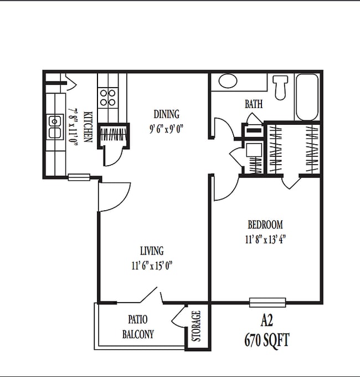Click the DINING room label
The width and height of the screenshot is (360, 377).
click(x=167, y=115)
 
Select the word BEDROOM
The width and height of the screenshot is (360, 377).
click(x=265, y=225)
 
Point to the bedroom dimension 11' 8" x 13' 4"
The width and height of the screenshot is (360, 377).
click(x=265, y=240)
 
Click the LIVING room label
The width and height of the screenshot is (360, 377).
click(x=151, y=251)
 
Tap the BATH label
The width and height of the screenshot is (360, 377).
click(x=254, y=104)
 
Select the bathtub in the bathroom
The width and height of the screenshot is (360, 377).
click(x=307, y=97)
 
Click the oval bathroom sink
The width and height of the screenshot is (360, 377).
click(x=227, y=81)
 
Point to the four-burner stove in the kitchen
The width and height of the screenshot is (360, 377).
click(x=107, y=98)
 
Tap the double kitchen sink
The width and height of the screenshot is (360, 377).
click(x=54, y=127)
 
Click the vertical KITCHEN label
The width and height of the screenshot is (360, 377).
click(x=88, y=126)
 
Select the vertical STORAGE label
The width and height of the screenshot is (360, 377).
click(x=196, y=327)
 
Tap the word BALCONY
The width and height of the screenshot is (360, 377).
click(x=138, y=334)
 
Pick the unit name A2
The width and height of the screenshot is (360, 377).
click(x=267, y=321)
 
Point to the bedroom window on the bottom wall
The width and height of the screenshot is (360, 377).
click(x=268, y=302)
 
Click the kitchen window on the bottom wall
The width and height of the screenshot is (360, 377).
click(x=79, y=177)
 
